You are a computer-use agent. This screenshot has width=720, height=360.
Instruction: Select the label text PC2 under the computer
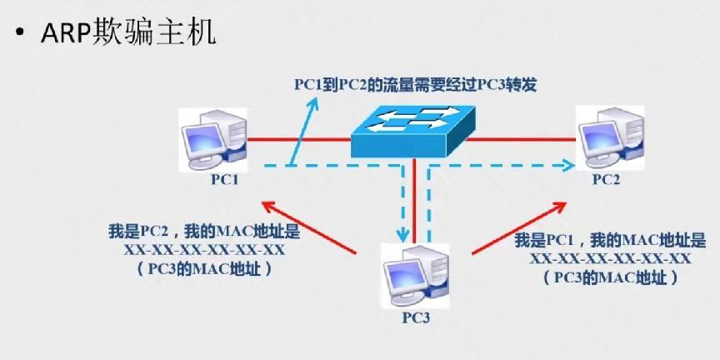click(607, 179)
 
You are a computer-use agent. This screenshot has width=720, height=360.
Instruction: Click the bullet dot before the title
click(17, 37)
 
